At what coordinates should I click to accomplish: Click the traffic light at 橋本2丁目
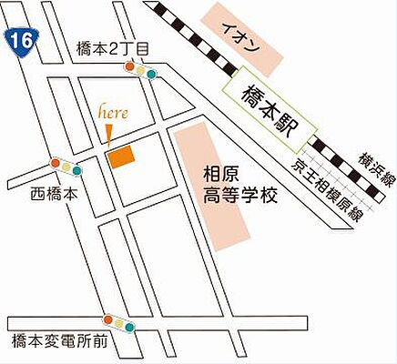click(x=141, y=72)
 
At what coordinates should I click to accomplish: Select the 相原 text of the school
click(x=221, y=172)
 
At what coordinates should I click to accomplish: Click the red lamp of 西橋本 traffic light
click(x=56, y=164)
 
